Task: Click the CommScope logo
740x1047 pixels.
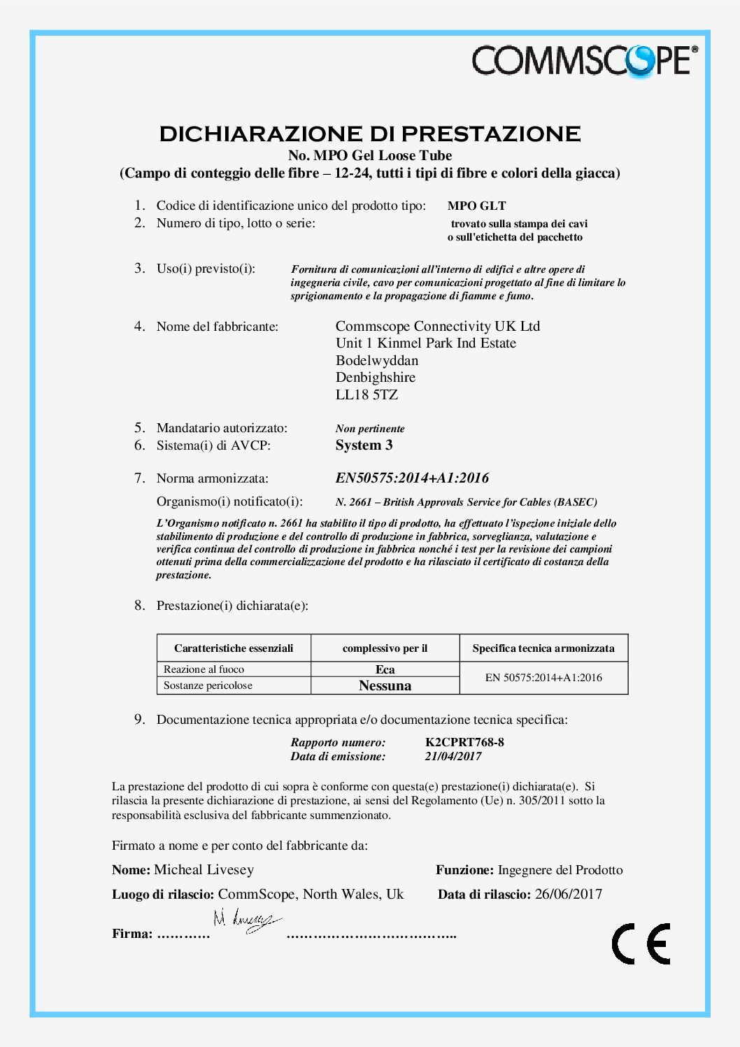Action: click(584, 60)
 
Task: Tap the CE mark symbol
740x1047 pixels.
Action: click(641, 943)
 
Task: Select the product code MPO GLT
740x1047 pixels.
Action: click(476, 206)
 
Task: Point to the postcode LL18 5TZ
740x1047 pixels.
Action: click(367, 394)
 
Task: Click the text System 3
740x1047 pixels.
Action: click(364, 446)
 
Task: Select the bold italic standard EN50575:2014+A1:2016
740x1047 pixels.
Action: click(412, 478)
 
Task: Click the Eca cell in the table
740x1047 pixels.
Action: click(385, 669)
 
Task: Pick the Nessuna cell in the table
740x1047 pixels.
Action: click(385, 686)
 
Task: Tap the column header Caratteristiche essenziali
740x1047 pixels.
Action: click(234, 648)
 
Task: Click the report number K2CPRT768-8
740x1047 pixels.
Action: click(464, 742)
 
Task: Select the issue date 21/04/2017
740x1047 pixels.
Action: click(453, 756)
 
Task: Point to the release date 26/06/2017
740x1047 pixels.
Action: click(568, 895)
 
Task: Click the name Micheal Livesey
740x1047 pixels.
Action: click(204, 870)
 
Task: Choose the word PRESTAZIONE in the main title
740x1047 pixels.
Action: click(490, 134)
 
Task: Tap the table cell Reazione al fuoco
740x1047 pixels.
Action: click(204, 669)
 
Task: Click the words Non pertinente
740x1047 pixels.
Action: click(369, 429)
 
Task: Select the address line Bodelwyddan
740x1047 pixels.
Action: click(377, 361)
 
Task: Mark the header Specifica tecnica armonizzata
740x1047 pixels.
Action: click(543, 648)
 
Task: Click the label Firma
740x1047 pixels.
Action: click(131, 934)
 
